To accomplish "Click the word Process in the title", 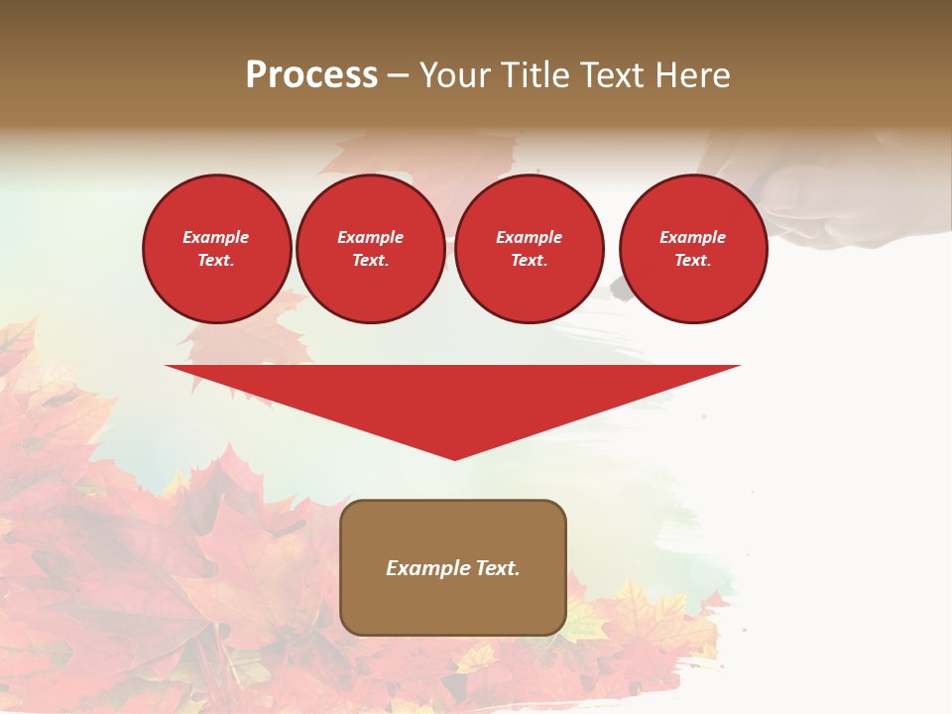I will coord(311,75).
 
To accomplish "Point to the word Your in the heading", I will coord(453,75).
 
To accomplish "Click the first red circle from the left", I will coord(216,248).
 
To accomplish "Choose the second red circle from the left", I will coord(370,248).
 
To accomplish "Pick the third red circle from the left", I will coord(529,248).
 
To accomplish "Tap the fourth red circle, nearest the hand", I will coord(692,248).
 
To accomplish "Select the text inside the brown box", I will coord(453,568).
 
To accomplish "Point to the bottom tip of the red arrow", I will coord(454,458).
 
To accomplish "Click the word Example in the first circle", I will coord(216,237).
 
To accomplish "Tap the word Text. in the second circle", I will coord(370,261).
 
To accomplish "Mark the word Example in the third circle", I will coord(529,237).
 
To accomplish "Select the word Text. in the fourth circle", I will coord(692,261).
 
